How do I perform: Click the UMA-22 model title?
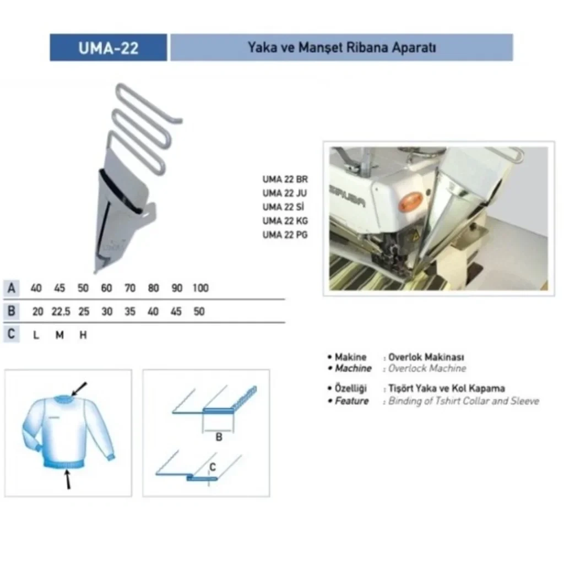[x=109, y=48]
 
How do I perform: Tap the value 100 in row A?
[x=200, y=288]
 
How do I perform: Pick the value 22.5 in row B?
[x=61, y=312]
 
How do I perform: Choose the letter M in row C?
[x=59, y=335]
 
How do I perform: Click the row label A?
[x=12, y=288]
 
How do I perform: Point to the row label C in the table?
[x=12, y=334]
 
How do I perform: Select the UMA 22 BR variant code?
[x=285, y=179]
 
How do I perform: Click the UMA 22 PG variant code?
[x=285, y=235]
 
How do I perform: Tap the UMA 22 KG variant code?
[x=285, y=221]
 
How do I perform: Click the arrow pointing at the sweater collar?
[x=79, y=389]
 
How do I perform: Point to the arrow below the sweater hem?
[x=67, y=480]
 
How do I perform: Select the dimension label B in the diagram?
[x=219, y=437]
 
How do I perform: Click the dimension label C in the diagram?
[x=213, y=467]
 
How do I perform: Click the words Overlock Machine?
[x=427, y=368]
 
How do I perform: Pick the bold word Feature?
[x=352, y=401]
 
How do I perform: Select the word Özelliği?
[x=351, y=388]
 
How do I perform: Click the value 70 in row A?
[x=130, y=288]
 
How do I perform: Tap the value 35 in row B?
[x=130, y=312]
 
